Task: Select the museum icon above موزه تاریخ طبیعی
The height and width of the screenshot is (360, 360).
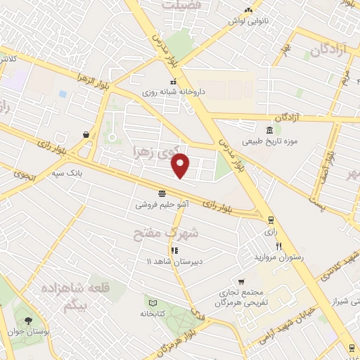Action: click(270, 130)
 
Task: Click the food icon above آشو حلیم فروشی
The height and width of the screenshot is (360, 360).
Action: click(162, 193)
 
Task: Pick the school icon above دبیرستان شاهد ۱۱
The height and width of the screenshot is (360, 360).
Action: click(174, 250)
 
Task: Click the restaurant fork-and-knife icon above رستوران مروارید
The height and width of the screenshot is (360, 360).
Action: click(279, 246)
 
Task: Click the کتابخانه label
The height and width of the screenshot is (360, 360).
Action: click(150, 313)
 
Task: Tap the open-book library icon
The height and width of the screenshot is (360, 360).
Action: click(150, 302)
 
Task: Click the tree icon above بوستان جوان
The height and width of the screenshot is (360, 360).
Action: click(27, 322)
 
